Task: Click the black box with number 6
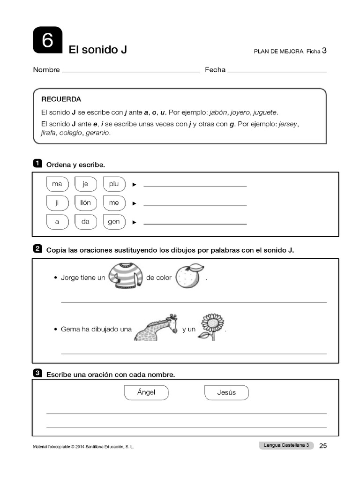click(47, 40)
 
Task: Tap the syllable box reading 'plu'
click(114, 184)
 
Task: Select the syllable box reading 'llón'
click(85, 203)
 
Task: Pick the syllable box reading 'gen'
click(114, 222)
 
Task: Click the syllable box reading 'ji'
click(57, 203)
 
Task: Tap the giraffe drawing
click(157, 327)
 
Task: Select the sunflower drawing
click(211, 326)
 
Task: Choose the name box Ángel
click(146, 392)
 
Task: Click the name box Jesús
click(226, 392)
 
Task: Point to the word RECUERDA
click(61, 99)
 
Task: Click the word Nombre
click(46, 70)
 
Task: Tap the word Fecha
click(215, 70)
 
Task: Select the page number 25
click(322, 446)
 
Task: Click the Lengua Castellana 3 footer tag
click(286, 445)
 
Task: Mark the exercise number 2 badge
click(37, 249)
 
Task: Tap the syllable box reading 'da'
click(85, 222)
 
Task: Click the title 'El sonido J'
click(98, 49)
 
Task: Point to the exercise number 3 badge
click(37, 373)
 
